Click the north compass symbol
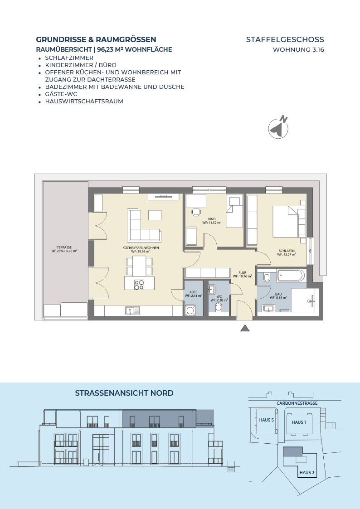pos(278,127)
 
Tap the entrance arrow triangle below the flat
pos(245,328)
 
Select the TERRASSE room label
pos(64,247)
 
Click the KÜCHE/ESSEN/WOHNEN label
pos(141,247)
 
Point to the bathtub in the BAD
pos(291,276)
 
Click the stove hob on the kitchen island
pos(139,285)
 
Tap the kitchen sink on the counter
pos(132,310)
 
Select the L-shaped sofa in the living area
pos(145,226)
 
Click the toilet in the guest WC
pos(219,307)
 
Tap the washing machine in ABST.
pos(190,310)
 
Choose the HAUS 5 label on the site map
pos(266,420)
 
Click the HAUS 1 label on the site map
pos(299,422)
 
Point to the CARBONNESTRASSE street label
pos(297,403)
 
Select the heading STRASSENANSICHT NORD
pos(124,393)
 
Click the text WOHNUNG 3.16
pos(298,50)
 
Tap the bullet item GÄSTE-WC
pos(61,94)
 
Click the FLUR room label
pos(242,273)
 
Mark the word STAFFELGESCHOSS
pos(285,39)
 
